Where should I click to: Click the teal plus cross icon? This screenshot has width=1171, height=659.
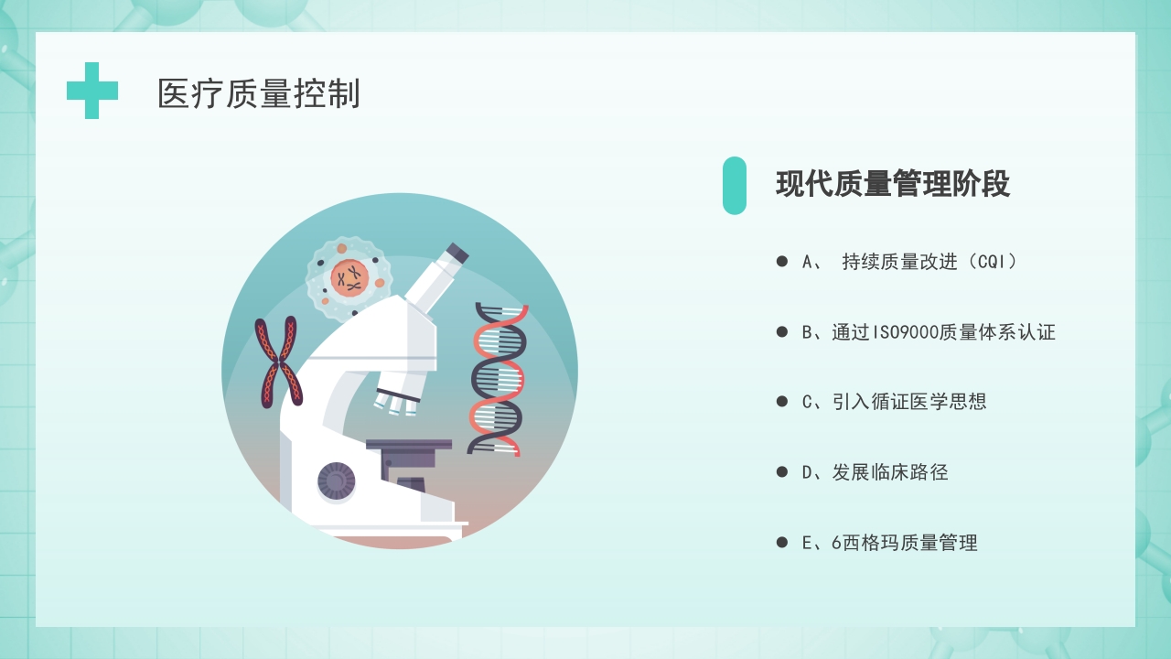(x=92, y=91)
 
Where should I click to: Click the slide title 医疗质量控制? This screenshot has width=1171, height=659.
(x=259, y=93)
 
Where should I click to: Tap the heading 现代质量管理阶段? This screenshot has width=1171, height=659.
(x=892, y=184)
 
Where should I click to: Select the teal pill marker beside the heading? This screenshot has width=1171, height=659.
(x=734, y=185)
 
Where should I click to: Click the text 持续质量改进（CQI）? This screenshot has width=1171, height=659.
(x=929, y=262)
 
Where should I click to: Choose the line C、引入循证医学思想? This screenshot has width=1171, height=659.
(x=894, y=402)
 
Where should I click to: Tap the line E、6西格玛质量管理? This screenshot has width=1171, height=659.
(x=889, y=543)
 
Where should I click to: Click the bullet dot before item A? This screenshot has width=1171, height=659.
(x=782, y=262)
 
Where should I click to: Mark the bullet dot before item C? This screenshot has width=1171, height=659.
(x=782, y=402)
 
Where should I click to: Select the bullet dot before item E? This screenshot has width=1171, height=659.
(x=782, y=543)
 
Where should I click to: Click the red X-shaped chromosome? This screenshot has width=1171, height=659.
(x=277, y=362)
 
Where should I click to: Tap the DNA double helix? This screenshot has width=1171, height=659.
(x=499, y=379)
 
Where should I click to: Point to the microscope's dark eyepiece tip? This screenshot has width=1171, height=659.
(x=456, y=253)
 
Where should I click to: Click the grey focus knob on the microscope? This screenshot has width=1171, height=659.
(x=336, y=481)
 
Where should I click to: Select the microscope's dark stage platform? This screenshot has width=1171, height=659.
(x=408, y=446)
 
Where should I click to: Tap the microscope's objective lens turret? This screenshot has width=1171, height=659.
(x=399, y=394)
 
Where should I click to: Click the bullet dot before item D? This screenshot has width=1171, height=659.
(x=782, y=472)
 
